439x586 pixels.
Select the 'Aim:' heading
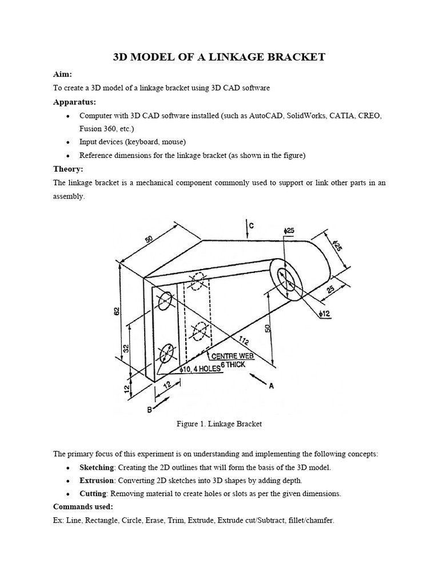(63, 75)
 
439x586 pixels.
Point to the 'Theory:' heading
(68, 169)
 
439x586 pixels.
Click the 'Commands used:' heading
(83, 506)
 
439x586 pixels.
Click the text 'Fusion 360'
(97, 129)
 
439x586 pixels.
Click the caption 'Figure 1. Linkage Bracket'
(220, 424)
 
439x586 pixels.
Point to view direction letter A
(271, 386)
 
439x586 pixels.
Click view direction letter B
(150, 409)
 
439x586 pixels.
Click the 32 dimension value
(126, 348)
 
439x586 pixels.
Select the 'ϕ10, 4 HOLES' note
(201, 369)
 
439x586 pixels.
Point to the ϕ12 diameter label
(324, 313)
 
